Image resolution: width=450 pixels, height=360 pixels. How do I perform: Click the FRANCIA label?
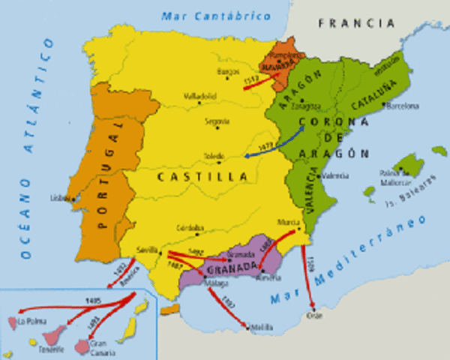pyautogui.click(x=356, y=23)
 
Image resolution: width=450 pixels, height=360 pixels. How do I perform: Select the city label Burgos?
pyautogui.click(x=226, y=71)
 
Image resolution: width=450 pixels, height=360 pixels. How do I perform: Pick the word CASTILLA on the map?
pyautogui.click(x=202, y=177)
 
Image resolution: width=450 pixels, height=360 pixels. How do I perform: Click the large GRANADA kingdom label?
pyautogui.click(x=235, y=267)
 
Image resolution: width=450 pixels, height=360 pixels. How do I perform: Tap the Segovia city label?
pyautogui.click(x=217, y=120)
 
